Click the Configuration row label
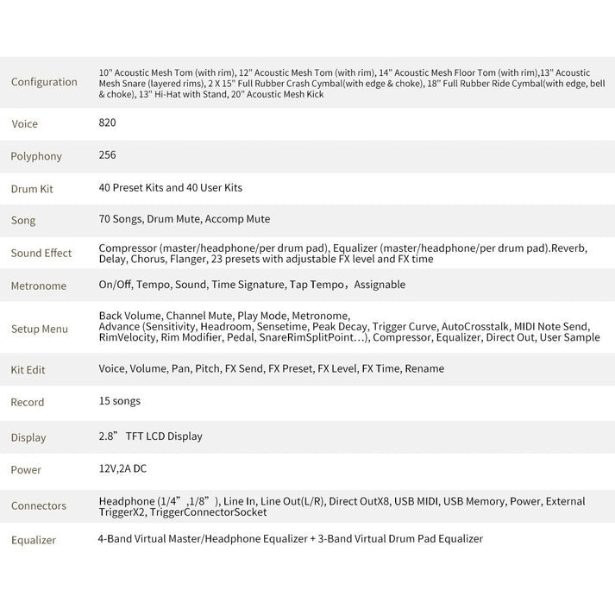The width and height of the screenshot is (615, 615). (x=44, y=82)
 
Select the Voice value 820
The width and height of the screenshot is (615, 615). (x=107, y=122)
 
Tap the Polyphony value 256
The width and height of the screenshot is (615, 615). (x=107, y=155)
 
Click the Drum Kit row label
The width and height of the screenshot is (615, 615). (x=32, y=188)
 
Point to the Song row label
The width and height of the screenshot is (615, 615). (x=23, y=221)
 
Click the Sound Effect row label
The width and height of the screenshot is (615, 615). (x=41, y=254)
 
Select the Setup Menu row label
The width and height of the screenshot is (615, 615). (x=39, y=329)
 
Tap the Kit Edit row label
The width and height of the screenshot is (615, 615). (x=28, y=369)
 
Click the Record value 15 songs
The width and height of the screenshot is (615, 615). (x=119, y=401)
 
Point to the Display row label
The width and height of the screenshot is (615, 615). (x=28, y=437)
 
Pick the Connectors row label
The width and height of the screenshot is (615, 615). (x=38, y=506)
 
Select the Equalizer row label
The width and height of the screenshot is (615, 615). (x=34, y=540)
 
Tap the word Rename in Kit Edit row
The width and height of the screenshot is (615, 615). (x=425, y=368)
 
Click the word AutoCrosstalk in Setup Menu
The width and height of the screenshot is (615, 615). (x=474, y=327)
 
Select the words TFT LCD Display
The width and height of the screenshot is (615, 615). (x=164, y=436)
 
